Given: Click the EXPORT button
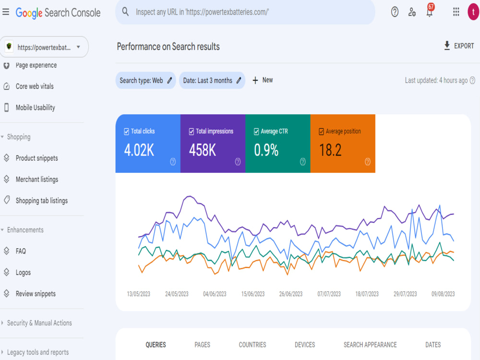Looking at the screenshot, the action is [x=458, y=46].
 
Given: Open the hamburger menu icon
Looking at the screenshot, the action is [x=6, y=12].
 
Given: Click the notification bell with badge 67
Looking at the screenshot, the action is [x=430, y=12].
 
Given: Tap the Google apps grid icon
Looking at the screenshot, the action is [x=456, y=12].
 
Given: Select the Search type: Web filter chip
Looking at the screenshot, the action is [x=146, y=80].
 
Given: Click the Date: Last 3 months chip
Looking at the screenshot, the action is [x=212, y=80].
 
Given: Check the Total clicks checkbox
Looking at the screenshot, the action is [x=126, y=132].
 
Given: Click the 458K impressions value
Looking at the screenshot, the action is [x=203, y=150].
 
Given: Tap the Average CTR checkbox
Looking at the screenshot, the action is [x=256, y=132].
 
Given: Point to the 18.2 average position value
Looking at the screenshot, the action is [x=330, y=150].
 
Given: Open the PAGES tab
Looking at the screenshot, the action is [x=203, y=345].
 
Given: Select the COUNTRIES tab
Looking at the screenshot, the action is [x=252, y=345].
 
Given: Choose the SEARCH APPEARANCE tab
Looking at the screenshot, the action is [x=370, y=345].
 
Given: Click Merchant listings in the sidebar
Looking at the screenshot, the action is [x=37, y=180].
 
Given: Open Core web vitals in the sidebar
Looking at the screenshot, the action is [x=35, y=86].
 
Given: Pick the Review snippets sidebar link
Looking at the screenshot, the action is [x=36, y=294].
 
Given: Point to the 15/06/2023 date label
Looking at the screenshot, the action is [x=253, y=294].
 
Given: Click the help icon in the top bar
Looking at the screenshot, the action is [x=395, y=12].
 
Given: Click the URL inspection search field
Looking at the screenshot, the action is [x=245, y=12].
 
